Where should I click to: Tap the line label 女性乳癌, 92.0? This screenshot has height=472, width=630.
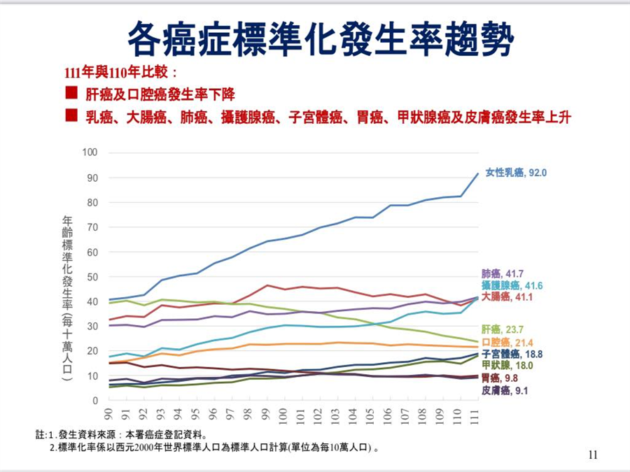[517, 172]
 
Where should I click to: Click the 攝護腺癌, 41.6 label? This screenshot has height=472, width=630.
[512, 285]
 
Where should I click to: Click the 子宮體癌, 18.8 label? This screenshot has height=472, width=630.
[512, 354]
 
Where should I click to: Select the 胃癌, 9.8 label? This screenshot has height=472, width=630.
[500, 378]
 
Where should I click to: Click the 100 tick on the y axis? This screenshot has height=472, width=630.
[90, 152]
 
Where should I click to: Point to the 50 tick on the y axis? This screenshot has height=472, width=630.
[92, 277]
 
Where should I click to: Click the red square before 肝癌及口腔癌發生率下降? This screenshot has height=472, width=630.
[71, 93]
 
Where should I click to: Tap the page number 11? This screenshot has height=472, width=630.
[593, 456]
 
